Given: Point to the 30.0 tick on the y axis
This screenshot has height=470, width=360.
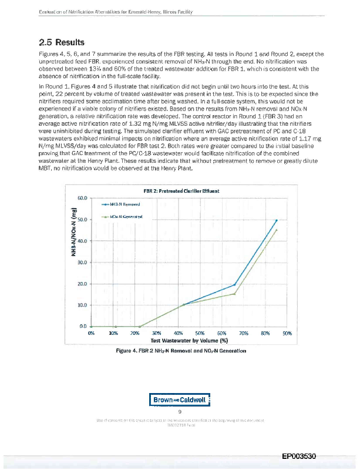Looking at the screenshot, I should pyautogui.click(x=83, y=263).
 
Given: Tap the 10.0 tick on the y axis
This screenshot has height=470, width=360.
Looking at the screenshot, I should pyautogui.click(x=83, y=305).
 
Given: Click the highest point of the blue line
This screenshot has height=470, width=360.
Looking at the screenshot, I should pyautogui.click(x=276, y=220).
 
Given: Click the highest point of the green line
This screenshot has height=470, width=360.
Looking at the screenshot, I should pyautogui.click(x=276, y=230).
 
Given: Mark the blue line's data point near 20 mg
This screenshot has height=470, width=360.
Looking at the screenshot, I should pyautogui.click(x=234, y=284).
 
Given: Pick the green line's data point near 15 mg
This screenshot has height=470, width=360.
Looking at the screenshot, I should pyautogui.click(x=234, y=294).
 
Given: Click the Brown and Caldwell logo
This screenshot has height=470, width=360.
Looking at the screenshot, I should pyautogui.click(x=179, y=400).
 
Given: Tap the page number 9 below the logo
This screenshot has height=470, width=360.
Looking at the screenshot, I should pyautogui.click(x=179, y=412).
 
